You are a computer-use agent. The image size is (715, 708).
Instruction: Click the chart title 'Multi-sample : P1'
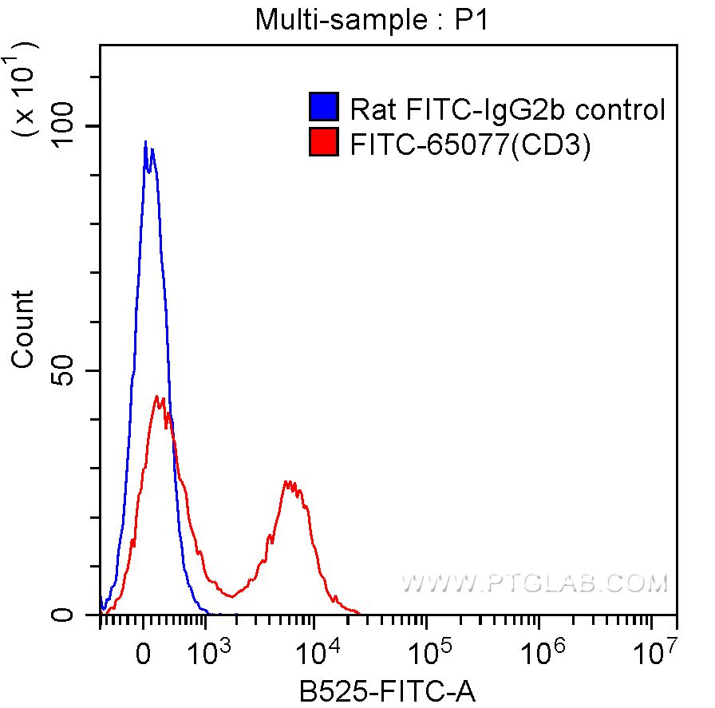click(370, 19)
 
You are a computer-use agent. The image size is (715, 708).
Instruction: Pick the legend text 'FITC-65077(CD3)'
click(471, 144)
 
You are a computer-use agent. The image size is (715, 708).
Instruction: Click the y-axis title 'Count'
click(24, 330)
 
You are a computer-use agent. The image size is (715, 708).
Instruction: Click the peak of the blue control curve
click(145, 143)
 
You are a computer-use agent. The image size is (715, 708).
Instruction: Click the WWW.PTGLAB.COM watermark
click(534, 584)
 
